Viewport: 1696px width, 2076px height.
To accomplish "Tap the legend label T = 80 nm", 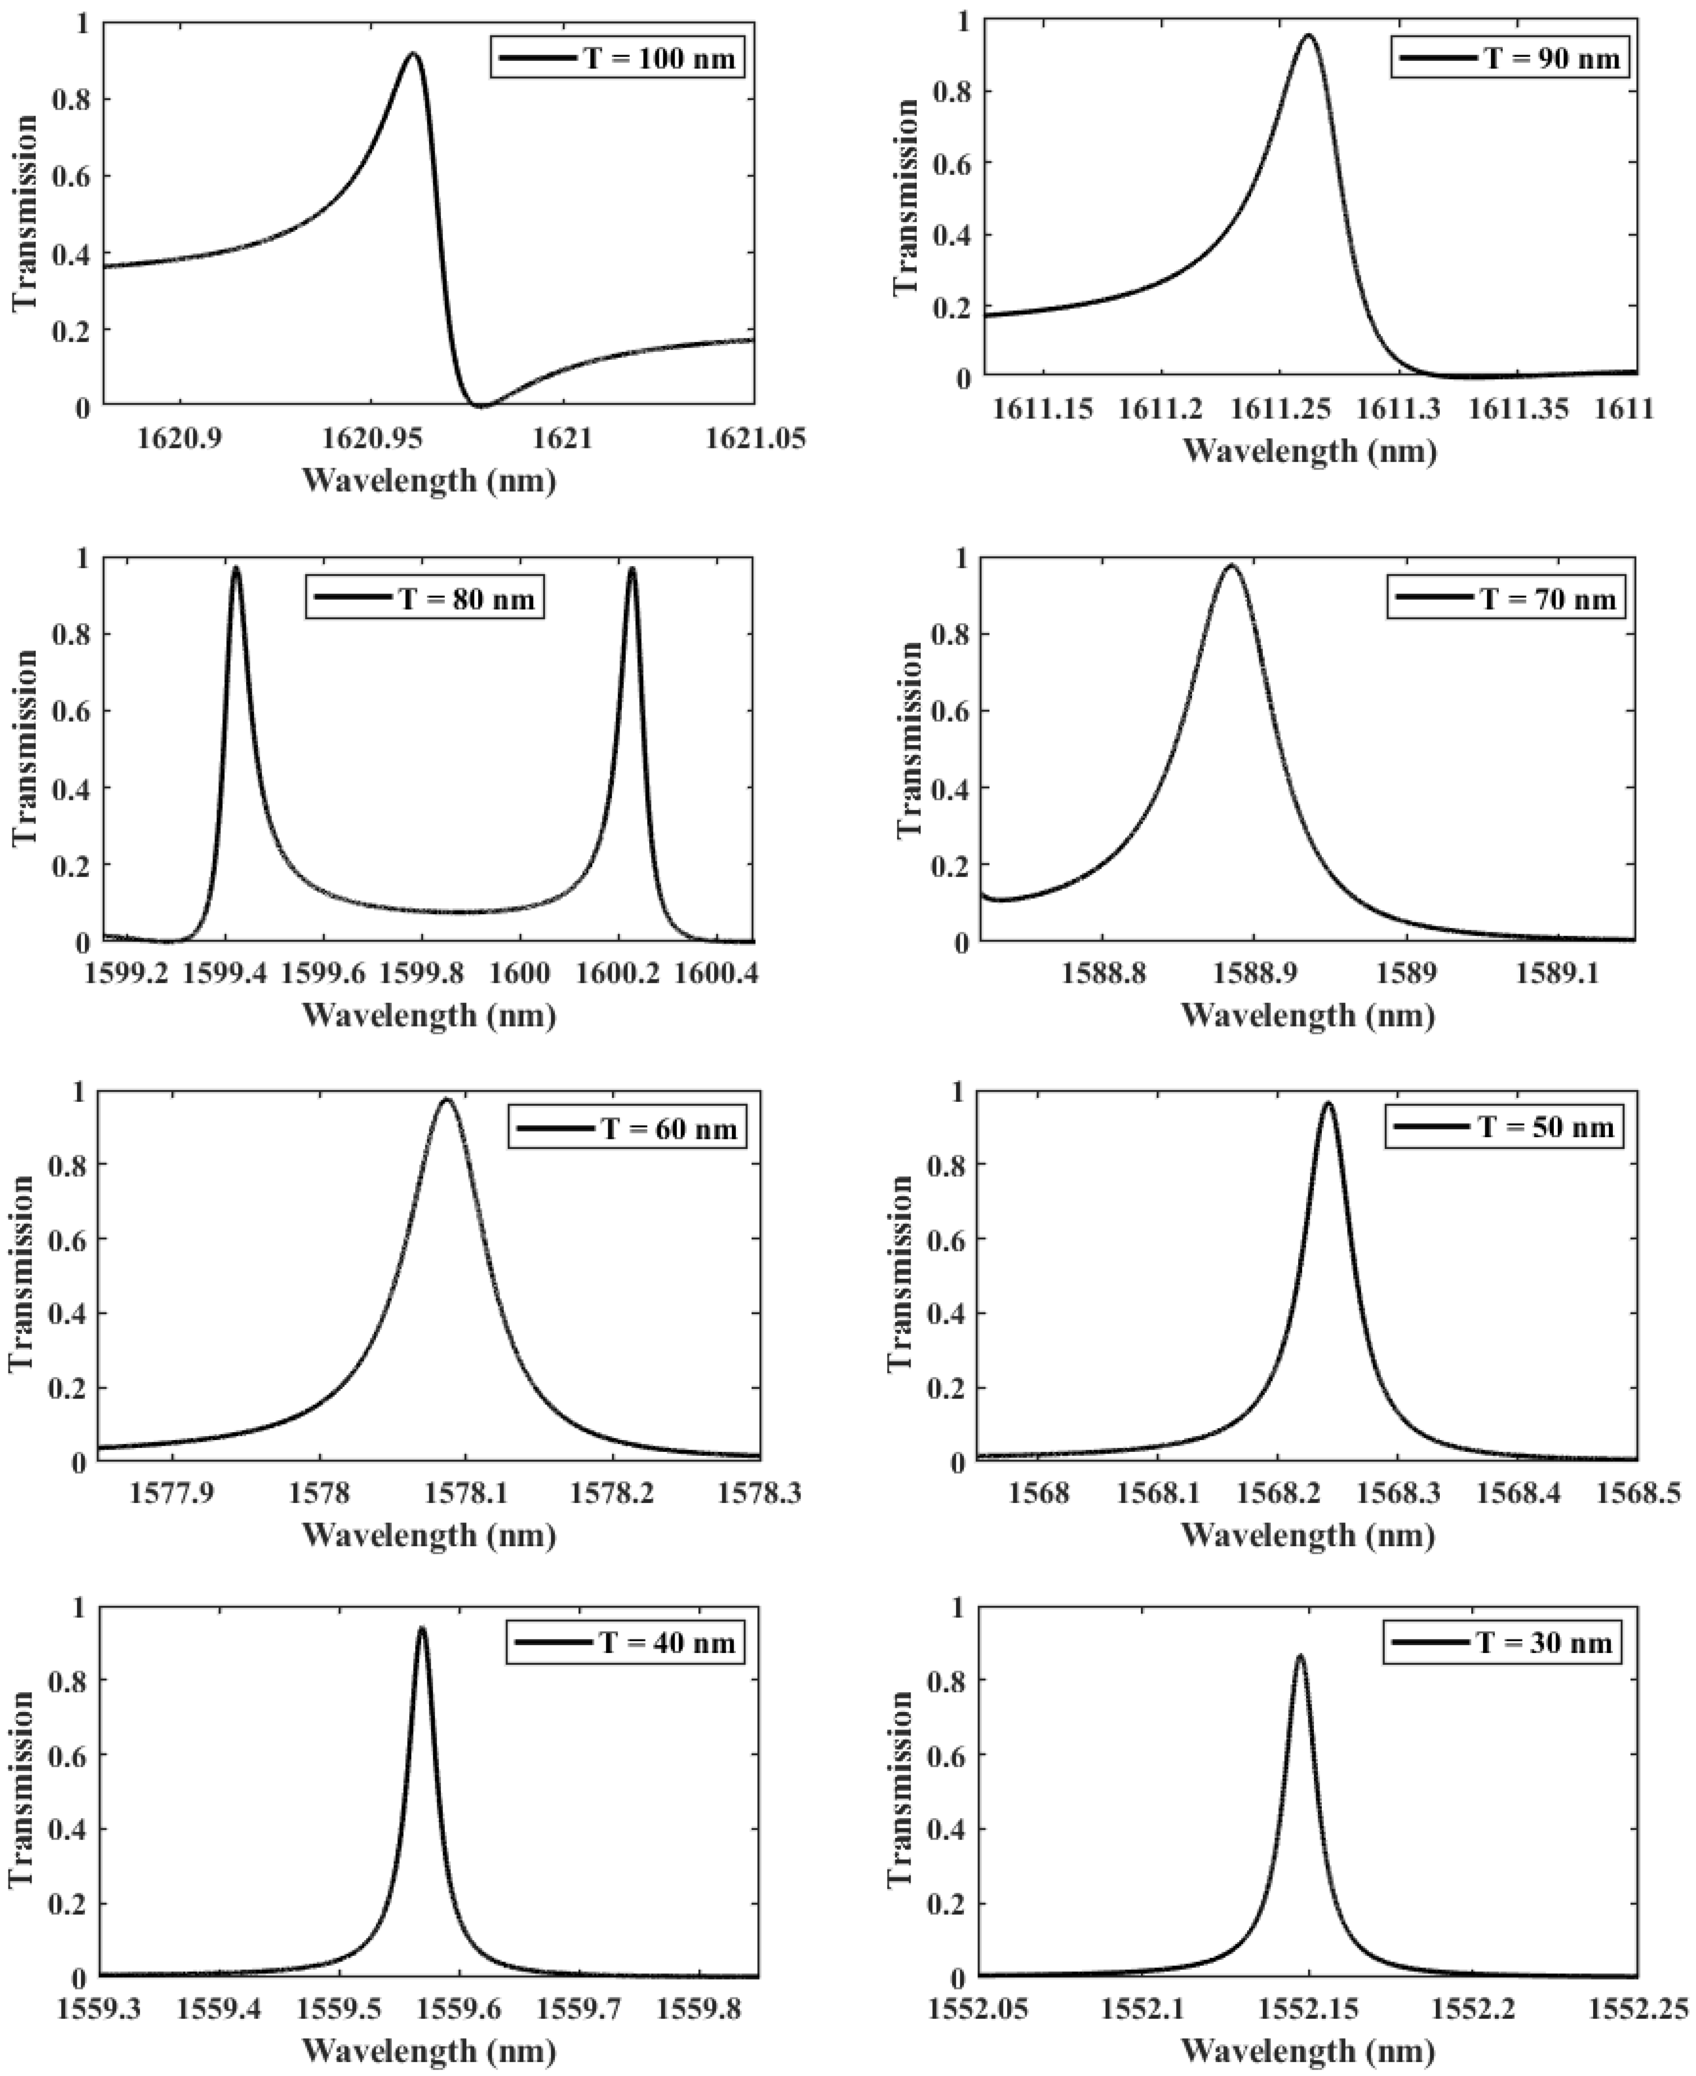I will pos(466,598).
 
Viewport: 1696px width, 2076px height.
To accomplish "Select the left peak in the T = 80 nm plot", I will pos(235,569).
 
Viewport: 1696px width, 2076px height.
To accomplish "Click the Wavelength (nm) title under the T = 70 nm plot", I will pos(1308,1016).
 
